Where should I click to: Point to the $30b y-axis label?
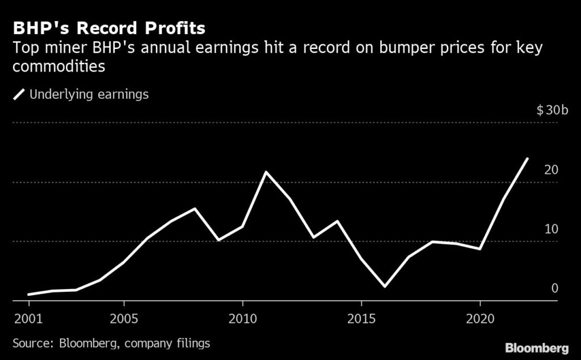click(551, 110)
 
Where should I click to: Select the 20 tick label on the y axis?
click(551, 170)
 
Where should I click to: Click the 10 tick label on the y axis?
click(551, 229)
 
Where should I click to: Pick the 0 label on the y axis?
click(555, 288)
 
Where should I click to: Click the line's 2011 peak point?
click(266, 172)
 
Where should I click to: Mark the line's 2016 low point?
click(385, 286)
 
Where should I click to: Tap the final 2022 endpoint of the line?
click(528, 159)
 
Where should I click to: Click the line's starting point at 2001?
click(28, 294)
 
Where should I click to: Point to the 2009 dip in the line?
click(218, 240)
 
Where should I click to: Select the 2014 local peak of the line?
click(338, 221)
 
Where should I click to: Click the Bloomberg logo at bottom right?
click(537, 347)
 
